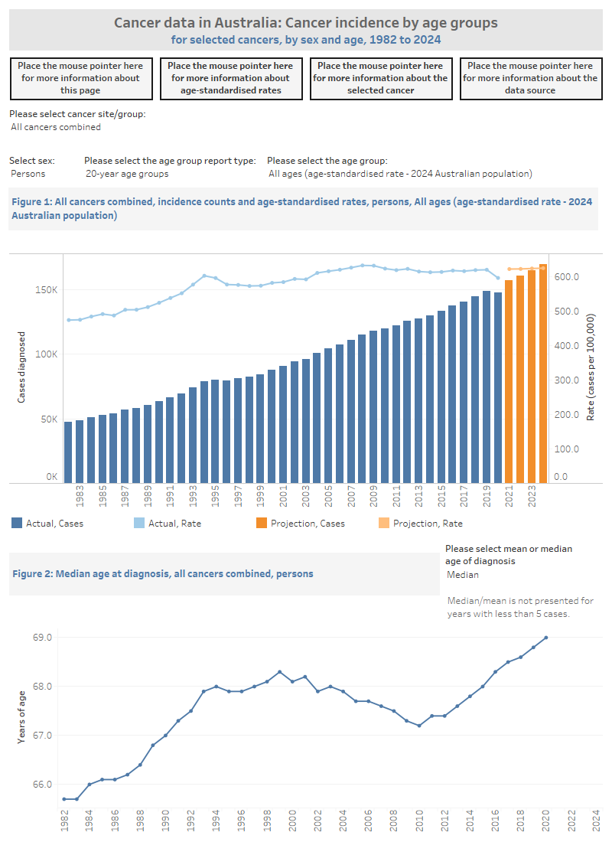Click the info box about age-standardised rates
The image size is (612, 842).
(x=230, y=78)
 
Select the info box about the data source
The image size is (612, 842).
(x=530, y=78)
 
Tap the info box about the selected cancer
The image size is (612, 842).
(x=380, y=78)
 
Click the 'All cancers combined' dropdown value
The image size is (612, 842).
(x=56, y=127)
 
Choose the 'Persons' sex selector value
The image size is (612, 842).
(x=28, y=174)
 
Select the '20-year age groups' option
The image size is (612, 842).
(x=127, y=174)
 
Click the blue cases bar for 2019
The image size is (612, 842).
(x=487, y=387)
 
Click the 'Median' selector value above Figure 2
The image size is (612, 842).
(x=463, y=575)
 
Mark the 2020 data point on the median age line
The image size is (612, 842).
(x=546, y=638)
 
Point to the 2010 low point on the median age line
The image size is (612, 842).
(x=419, y=726)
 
